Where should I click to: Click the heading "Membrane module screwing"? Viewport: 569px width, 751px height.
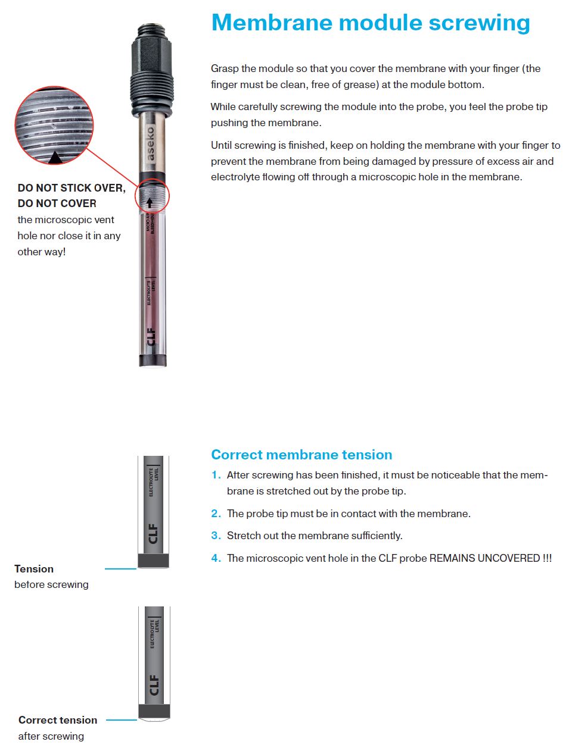tap(370, 23)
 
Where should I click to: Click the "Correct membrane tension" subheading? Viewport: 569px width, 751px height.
tap(301, 455)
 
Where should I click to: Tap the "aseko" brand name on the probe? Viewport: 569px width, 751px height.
tap(150, 143)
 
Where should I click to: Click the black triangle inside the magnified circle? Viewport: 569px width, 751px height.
tap(55, 157)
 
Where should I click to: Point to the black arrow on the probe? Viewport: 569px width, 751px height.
tap(149, 202)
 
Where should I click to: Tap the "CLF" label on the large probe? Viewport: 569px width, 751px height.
tap(151, 336)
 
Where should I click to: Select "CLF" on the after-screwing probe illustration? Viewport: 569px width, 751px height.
tap(154, 684)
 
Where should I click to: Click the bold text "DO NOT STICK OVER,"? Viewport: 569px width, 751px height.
tap(71, 188)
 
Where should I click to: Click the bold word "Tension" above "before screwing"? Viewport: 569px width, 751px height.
tap(34, 569)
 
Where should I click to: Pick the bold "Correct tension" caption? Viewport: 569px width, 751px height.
tap(58, 720)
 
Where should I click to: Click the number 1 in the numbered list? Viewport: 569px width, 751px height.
tap(216, 475)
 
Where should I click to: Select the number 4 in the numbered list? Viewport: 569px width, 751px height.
tap(216, 558)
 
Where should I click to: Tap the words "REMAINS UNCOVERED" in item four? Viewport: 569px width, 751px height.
tap(484, 558)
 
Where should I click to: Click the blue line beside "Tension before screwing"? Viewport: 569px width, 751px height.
tap(120, 569)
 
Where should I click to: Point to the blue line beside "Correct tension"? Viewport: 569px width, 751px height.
tap(122, 720)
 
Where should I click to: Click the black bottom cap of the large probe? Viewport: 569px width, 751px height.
tap(153, 360)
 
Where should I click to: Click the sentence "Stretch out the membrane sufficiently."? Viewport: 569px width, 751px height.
tap(315, 536)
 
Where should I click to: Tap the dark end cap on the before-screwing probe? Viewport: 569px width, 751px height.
tap(154, 560)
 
